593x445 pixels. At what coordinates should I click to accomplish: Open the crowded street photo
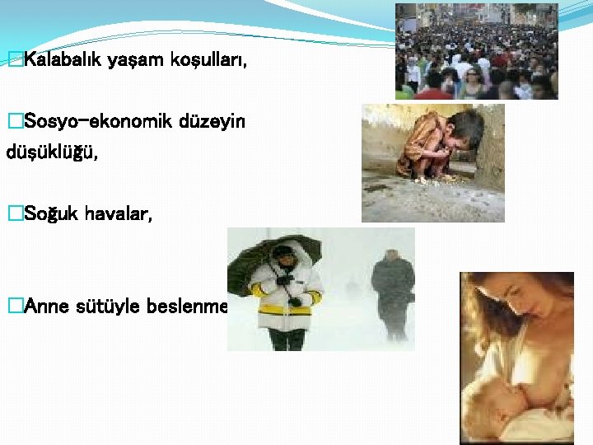pyautogui.click(x=476, y=51)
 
